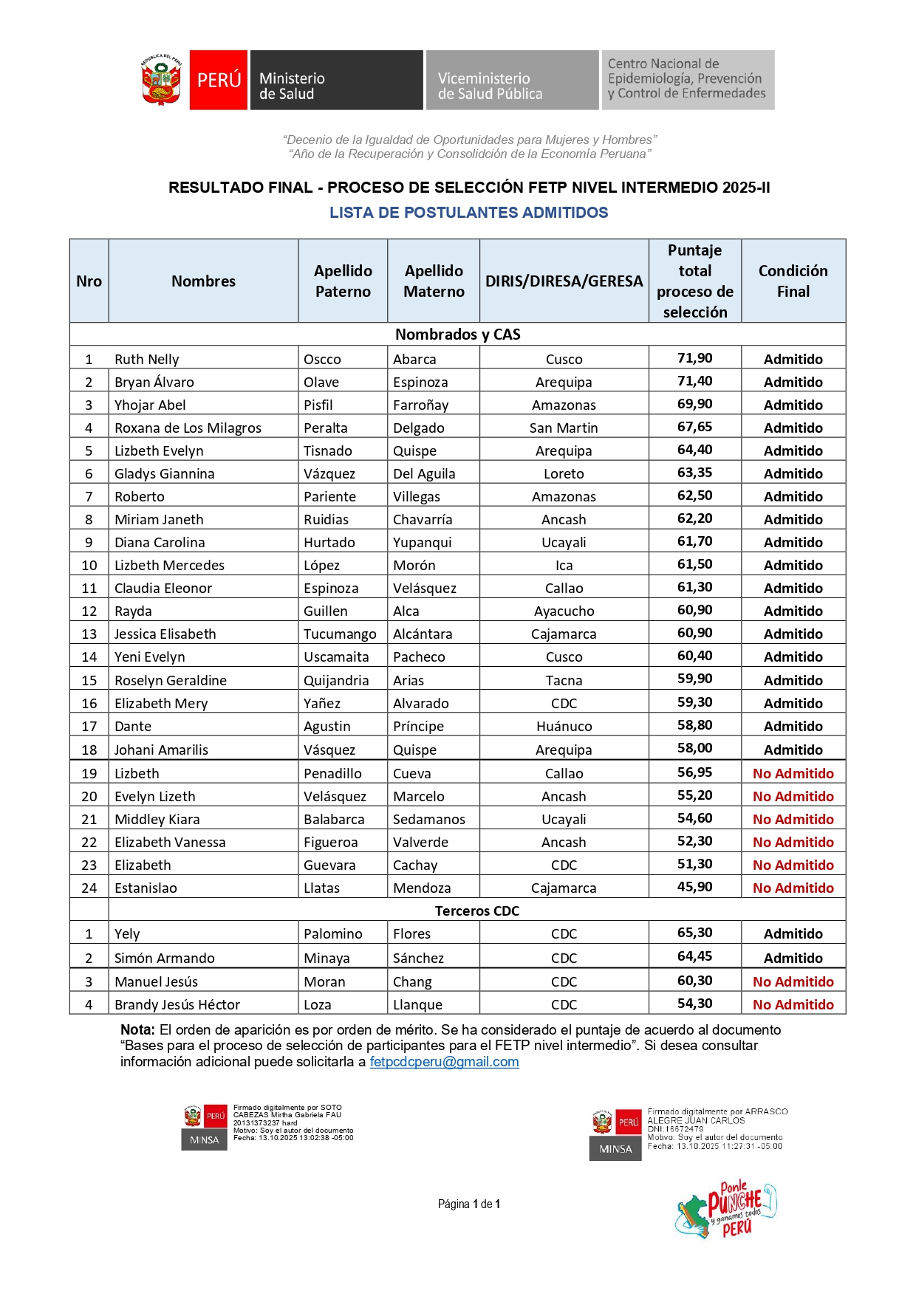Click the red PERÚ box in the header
(x=219, y=80)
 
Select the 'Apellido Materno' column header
(x=434, y=281)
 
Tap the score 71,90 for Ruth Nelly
(x=694, y=358)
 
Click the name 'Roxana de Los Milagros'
(x=188, y=428)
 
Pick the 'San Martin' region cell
(x=564, y=428)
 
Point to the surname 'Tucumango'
(x=340, y=634)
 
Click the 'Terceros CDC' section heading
(x=476, y=911)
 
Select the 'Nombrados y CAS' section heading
(x=457, y=335)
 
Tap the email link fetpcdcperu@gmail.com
(x=444, y=1062)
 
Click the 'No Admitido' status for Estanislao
(x=793, y=888)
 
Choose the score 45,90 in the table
(x=694, y=886)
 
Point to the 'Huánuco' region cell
(x=564, y=726)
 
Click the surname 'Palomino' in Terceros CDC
(x=333, y=933)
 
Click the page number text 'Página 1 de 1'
(x=469, y=1204)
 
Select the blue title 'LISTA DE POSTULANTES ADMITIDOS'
(x=468, y=213)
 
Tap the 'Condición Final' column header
(x=793, y=281)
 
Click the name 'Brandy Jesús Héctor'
(x=177, y=1004)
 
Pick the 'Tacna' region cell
(x=564, y=680)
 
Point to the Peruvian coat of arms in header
(x=161, y=80)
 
